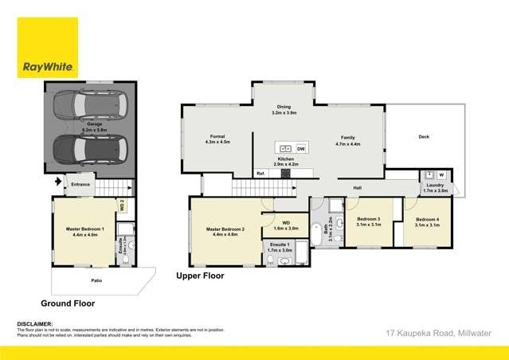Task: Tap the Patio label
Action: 95,280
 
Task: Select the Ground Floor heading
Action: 68,303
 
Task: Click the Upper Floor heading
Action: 200,276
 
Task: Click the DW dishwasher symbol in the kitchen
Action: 300,149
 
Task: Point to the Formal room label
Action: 217,139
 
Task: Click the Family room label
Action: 347,139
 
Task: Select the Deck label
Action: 424,137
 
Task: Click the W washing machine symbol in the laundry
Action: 440,175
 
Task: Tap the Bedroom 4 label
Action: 427,221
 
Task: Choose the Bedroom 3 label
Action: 368,221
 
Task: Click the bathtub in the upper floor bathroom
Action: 317,233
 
